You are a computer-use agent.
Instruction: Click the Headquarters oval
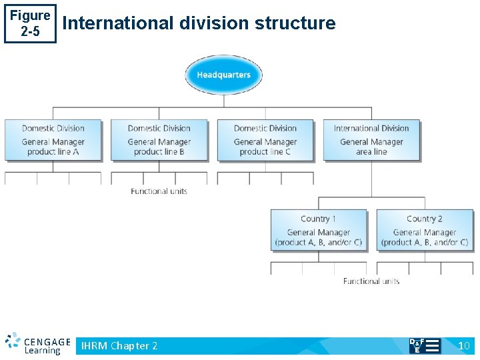click(223, 74)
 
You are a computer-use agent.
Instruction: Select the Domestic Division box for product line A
click(53, 140)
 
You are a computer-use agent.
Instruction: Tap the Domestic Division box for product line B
click(159, 140)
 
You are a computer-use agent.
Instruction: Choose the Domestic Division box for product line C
click(265, 140)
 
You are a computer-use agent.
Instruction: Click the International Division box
click(371, 140)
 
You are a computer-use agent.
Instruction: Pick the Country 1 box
click(319, 230)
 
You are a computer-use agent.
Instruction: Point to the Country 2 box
click(425, 230)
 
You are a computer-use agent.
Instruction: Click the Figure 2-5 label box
click(30, 23)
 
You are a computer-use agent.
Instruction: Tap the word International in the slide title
click(117, 23)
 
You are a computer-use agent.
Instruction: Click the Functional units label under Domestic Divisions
click(159, 191)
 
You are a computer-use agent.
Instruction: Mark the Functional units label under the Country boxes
click(371, 281)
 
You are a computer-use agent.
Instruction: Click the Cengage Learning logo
click(37, 344)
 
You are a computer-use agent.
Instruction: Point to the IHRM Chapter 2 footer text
click(119, 345)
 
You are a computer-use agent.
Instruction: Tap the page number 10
click(464, 345)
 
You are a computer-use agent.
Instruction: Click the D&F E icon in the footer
click(424, 345)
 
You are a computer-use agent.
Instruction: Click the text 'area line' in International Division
click(371, 152)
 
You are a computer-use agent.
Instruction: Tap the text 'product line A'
click(53, 152)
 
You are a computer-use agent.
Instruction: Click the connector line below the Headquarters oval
click(224, 101)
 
